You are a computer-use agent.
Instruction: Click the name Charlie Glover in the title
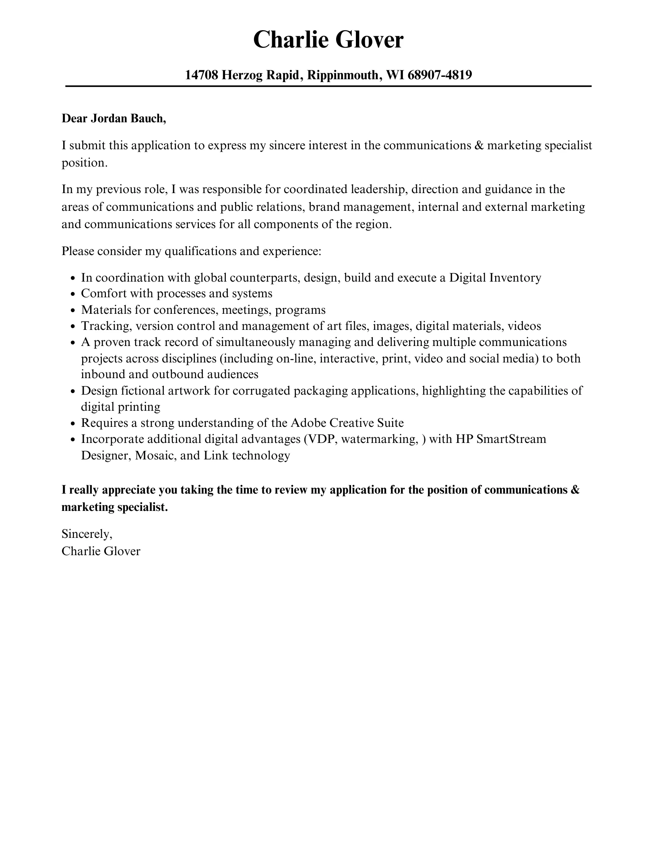click(x=328, y=40)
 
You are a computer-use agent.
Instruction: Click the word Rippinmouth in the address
click(x=343, y=75)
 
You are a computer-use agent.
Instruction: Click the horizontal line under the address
click(x=328, y=86)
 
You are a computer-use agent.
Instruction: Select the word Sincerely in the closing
click(x=87, y=534)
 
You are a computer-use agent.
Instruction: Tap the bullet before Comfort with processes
click(x=72, y=294)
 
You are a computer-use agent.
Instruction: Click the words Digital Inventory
click(x=495, y=278)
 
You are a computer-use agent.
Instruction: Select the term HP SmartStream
click(x=501, y=439)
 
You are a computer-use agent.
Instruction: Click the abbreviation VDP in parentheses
click(x=322, y=439)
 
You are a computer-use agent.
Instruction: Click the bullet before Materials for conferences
click(x=72, y=311)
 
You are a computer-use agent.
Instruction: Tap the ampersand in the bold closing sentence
click(x=575, y=490)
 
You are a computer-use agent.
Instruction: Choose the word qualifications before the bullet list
click(x=200, y=251)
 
